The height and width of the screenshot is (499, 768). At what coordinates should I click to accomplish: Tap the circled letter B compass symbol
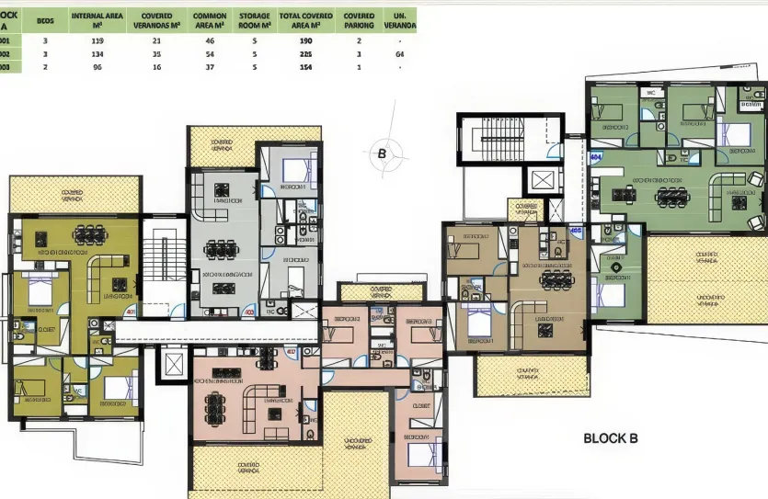click(382, 153)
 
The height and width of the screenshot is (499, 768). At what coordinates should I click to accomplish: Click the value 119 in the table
click(97, 41)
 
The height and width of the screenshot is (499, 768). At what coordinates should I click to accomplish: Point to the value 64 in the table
click(399, 55)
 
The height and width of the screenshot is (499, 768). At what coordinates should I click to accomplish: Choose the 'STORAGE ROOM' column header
click(254, 21)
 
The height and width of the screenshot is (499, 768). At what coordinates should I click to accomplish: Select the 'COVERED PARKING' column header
click(359, 21)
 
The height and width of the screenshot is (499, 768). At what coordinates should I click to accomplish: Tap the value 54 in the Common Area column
click(210, 55)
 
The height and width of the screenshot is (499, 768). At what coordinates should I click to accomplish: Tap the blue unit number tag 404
click(596, 157)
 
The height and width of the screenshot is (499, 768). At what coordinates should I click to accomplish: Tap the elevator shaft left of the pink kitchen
click(172, 365)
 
